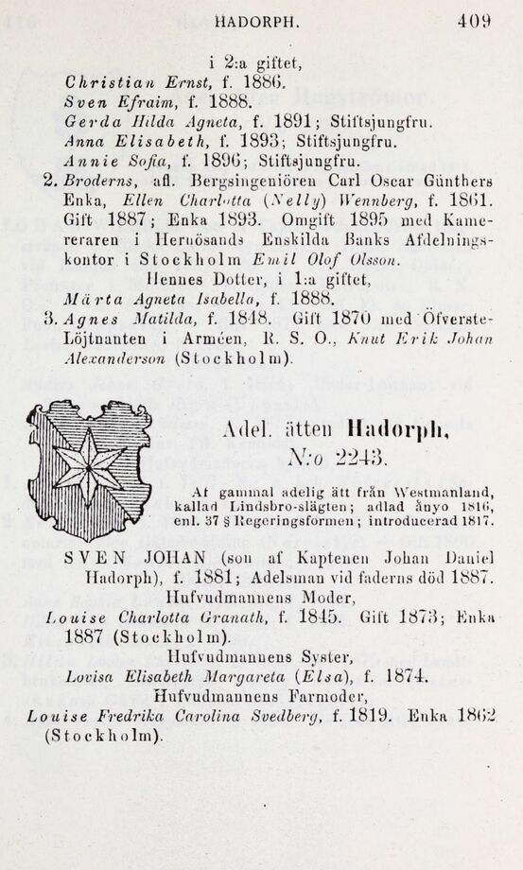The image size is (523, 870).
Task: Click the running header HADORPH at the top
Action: coord(256,18)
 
